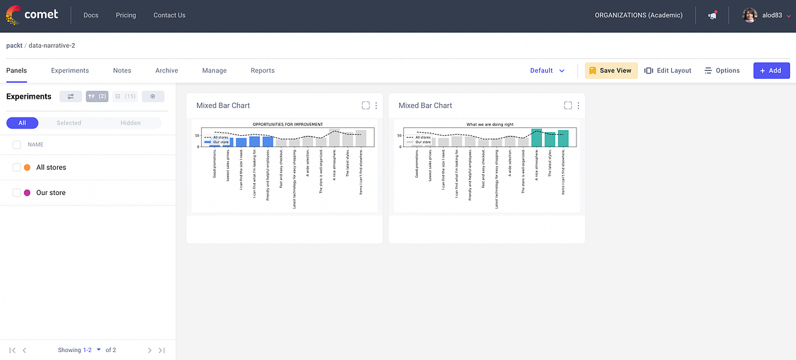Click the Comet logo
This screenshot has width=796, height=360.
tap(31, 15)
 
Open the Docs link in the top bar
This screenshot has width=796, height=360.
tap(91, 15)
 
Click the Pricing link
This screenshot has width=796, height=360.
tap(125, 15)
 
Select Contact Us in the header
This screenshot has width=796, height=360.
tap(169, 15)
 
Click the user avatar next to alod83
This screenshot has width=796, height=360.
tap(750, 15)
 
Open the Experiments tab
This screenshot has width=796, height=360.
tap(70, 70)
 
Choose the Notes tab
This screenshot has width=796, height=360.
tap(122, 70)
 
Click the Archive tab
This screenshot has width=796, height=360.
tap(166, 70)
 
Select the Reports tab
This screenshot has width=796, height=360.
tap(263, 70)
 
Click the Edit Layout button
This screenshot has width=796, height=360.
tap(668, 70)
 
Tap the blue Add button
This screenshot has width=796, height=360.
tap(771, 70)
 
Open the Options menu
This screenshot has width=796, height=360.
tap(722, 70)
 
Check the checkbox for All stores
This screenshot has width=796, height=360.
tap(17, 168)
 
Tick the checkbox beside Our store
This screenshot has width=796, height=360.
tap(17, 193)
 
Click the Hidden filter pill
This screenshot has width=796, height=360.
tap(131, 123)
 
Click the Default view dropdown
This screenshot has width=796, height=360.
tap(547, 70)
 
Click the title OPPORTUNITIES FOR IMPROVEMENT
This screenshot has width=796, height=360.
tap(287, 124)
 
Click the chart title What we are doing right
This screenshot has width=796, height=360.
tap(490, 124)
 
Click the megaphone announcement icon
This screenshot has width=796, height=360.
tap(712, 15)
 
